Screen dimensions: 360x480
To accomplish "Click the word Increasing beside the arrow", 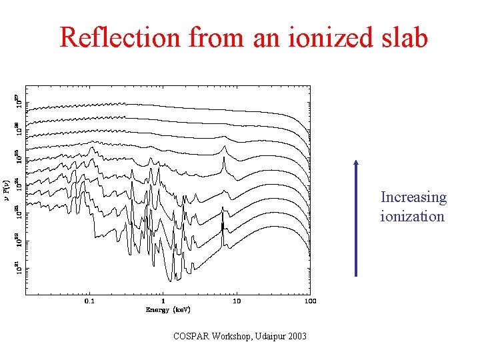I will click(x=413, y=197).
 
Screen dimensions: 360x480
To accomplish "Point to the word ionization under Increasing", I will click(x=412, y=216).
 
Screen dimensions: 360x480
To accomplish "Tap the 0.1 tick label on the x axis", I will click(x=89, y=301).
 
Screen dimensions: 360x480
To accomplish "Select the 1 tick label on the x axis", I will click(x=163, y=301).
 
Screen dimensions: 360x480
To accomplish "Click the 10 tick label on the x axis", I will click(x=236, y=301).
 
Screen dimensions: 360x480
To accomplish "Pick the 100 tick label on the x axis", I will click(x=309, y=301).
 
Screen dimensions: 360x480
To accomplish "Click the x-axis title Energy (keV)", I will click(x=168, y=310).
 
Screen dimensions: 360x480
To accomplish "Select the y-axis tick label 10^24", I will click(x=17, y=183).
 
